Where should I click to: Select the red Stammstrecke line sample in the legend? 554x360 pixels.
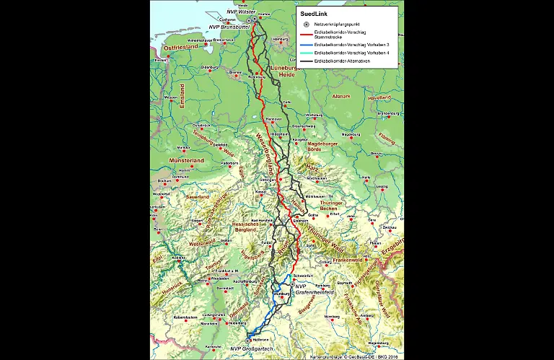(306, 33)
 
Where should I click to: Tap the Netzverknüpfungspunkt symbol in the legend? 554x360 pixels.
(306, 24)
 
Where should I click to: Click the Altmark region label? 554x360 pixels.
(339, 96)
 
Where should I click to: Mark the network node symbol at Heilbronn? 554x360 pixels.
(250, 338)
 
